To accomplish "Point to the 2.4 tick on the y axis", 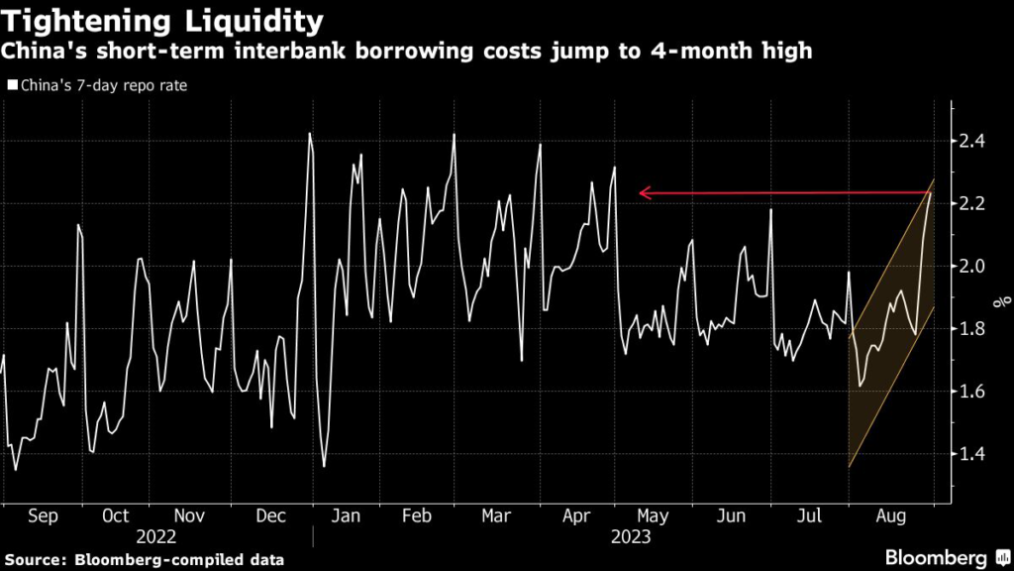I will pos(972,141).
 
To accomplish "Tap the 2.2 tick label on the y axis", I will pos(972,203).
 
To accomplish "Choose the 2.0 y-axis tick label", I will pos(972,266).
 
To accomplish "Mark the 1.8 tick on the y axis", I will pos(972,329).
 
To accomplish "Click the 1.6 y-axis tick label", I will pos(972,392).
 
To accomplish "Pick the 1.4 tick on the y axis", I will pos(972,454).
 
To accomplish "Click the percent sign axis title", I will pos(1003,297).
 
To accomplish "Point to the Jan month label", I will pos(346,516).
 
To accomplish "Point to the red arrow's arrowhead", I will pos(644,193).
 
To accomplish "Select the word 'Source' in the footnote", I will pos(33,559).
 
